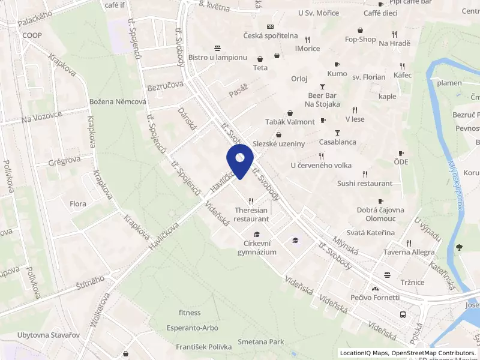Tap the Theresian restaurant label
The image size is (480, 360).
(x=251, y=215)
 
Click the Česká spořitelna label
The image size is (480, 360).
(x=271, y=35)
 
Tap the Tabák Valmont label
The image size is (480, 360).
(x=290, y=122)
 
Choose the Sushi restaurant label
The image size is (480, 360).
(x=364, y=183)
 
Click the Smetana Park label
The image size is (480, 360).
(x=260, y=342)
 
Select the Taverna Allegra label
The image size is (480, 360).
(x=410, y=252)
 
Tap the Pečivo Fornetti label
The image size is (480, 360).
(x=375, y=297)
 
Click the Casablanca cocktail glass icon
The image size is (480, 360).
(x=337, y=133)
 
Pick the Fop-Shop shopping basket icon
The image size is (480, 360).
(x=360, y=30)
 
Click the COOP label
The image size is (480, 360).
(x=32, y=35)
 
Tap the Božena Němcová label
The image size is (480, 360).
(x=118, y=102)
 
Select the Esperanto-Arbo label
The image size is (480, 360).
(x=193, y=328)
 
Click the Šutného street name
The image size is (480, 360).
(x=91, y=283)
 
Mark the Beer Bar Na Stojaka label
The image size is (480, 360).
(x=323, y=100)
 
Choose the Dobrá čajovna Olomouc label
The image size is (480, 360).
(x=380, y=215)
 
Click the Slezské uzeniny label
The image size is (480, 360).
(x=279, y=144)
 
